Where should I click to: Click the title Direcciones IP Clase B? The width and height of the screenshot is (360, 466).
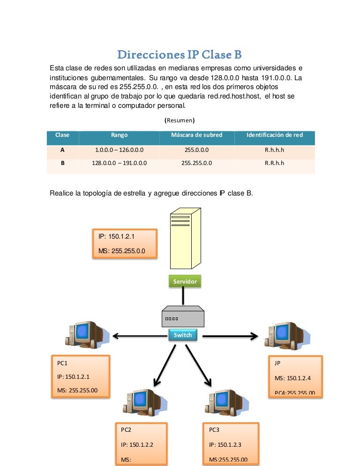[180, 55]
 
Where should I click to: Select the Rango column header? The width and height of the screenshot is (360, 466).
[120, 135]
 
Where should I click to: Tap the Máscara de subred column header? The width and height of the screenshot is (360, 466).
[196, 135]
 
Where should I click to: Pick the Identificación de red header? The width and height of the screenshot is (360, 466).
[274, 135]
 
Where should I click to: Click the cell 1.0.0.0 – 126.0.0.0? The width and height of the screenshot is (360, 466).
[120, 150]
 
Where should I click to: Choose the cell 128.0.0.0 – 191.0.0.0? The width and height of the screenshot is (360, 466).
[120, 163]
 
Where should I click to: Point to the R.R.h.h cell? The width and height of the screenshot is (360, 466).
[274, 163]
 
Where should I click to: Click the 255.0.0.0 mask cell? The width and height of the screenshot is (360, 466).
[196, 150]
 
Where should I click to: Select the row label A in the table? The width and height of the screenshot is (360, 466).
[62, 150]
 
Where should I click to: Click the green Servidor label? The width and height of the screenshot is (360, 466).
[185, 282]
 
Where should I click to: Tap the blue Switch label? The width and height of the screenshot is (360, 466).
[182, 335]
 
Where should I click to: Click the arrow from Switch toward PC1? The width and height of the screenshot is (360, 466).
[136, 336]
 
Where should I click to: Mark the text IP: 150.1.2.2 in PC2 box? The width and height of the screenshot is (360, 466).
[137, 445]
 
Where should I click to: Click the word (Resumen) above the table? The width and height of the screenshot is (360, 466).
[180, 120]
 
